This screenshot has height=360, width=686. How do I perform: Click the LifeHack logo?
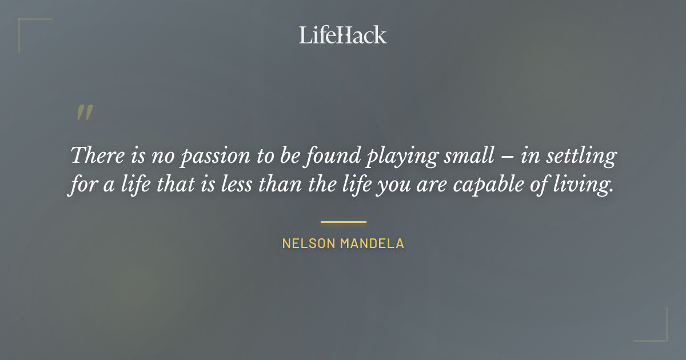pyautogui.click(x=343, y=35)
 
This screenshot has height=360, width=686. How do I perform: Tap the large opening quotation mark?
pyautogui.click(x=84, y=113)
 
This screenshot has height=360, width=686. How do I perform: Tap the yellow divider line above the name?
pyautogui.click(x=343, y=222)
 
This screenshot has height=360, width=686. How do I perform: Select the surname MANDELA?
pyautogui.click(x=372, y=243)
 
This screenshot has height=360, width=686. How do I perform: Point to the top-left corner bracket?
pyautogui.click(x=23, y=23)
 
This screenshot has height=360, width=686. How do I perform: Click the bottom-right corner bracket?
pyautogui.click(x=663, y=337)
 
